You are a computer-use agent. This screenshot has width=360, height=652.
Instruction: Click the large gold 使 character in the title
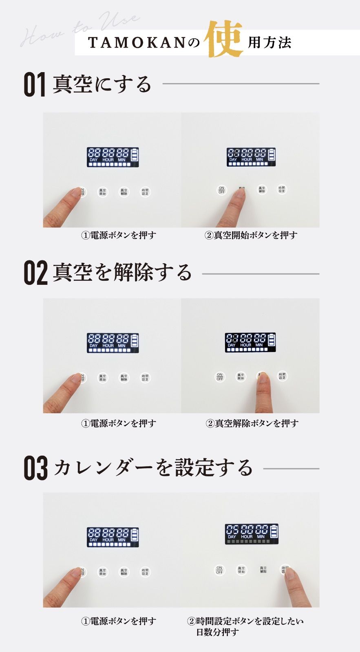tap(224, 40)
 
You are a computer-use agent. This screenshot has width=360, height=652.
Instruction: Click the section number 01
tap(34, 85)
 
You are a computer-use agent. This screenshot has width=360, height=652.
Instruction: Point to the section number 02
tap(35, 273)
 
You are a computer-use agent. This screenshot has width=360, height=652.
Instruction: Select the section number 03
tap(35, 468)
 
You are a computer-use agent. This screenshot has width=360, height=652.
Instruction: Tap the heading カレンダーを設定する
tap(153, 467)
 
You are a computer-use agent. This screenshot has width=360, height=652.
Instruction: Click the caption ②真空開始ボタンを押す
tap(251, 235)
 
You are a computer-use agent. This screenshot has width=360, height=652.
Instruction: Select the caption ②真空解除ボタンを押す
tap(252, 423)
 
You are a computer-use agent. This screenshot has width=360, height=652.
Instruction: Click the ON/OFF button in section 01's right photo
tap(221, 190)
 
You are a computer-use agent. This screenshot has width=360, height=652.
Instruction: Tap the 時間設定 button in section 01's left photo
tap(145, 192)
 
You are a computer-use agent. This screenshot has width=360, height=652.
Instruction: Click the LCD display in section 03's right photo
tap(252, 534)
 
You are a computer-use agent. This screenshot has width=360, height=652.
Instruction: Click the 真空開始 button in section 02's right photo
tap(241, 377)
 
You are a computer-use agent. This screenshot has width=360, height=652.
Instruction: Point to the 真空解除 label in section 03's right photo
tap(263, 570)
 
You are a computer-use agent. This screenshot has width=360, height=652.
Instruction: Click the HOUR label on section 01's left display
tap(108, 160)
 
